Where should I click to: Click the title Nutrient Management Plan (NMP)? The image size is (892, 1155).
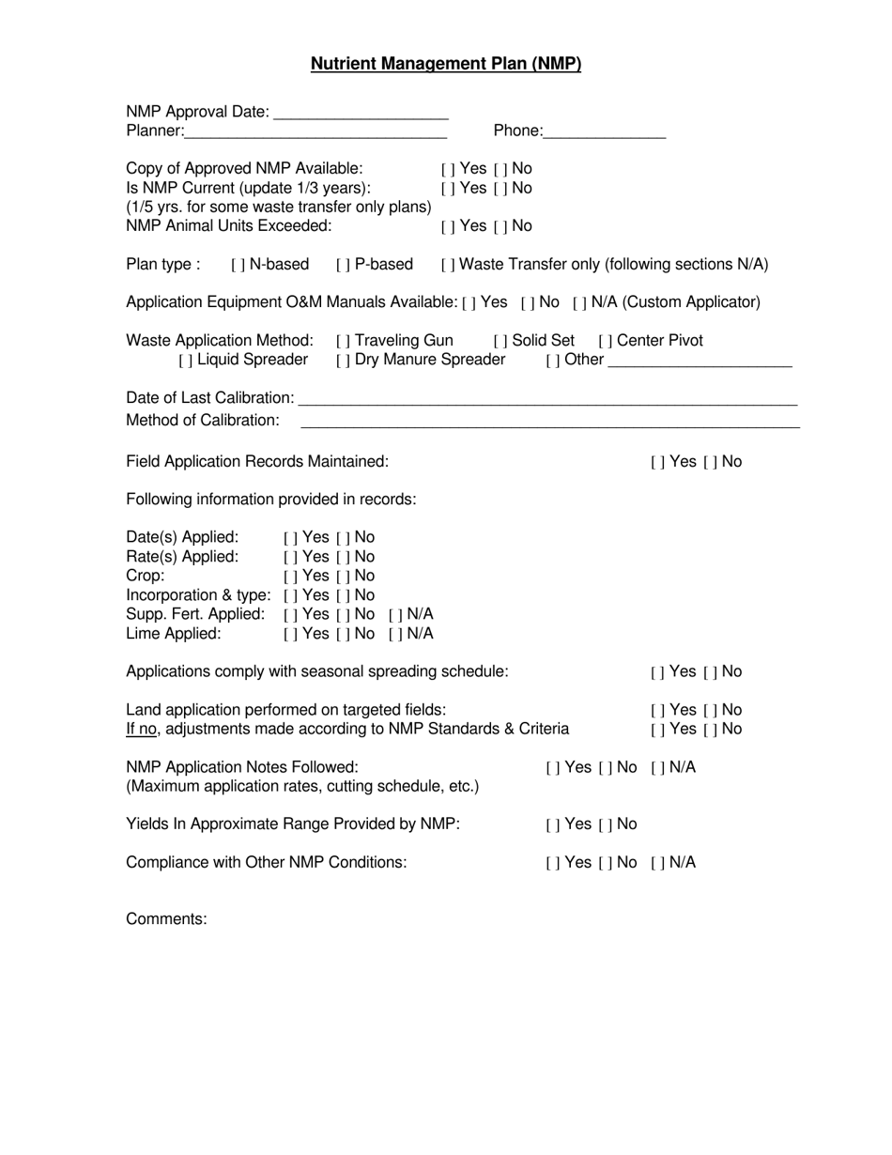tap(446, 64)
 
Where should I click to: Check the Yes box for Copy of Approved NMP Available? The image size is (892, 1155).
tap(448, 169)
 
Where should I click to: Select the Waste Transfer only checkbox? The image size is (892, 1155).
tap(447, 265)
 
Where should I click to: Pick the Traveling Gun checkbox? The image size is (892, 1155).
tap(343, 341)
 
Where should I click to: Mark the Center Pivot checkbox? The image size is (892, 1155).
tap(605, 341)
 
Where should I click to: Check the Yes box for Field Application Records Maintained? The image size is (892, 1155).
tap(657, 462)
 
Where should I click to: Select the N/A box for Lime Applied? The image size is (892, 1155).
tap(394, 634)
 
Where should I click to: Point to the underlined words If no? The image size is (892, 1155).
tap(142, 730)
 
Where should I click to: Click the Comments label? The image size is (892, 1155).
tap(166, 919)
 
